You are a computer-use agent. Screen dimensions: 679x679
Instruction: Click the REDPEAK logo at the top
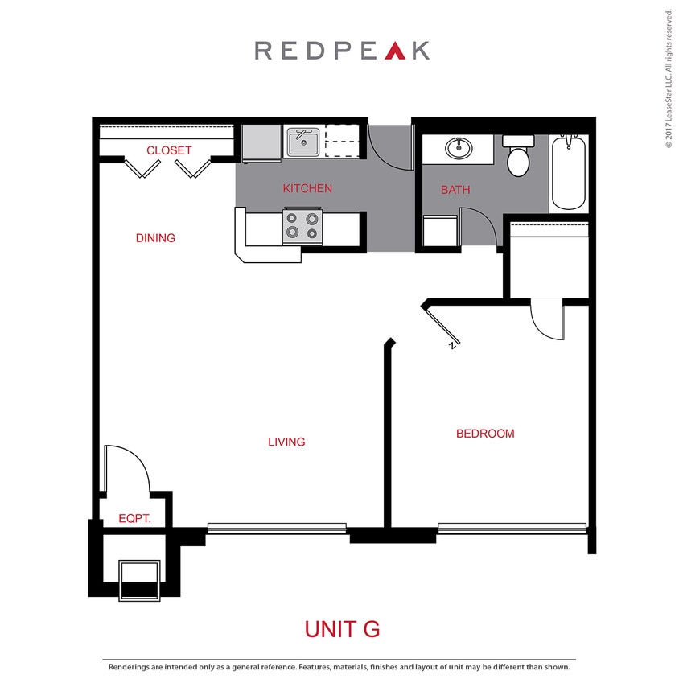(x=341, y=50)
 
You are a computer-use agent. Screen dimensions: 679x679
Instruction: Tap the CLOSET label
(x=169, y=150)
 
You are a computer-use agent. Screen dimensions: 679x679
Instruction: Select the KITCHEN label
(x=307, y=189)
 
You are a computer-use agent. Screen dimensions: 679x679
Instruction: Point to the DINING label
(x=155, y=238)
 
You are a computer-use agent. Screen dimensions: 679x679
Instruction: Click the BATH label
(x=455, y=191)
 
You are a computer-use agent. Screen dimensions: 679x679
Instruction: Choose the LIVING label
(x=286, y=442)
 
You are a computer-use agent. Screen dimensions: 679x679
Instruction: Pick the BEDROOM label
(x=485, y=434)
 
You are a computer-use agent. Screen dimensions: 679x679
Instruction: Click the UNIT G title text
(x=341, y=628)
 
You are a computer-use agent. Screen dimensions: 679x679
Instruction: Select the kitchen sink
(x=304, y=144)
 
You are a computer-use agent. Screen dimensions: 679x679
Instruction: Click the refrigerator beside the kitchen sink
(x=261, y=143)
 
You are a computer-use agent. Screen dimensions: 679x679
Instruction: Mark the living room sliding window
(x=277, y=528)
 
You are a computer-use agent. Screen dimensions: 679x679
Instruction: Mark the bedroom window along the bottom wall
(x=512, y=528)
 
